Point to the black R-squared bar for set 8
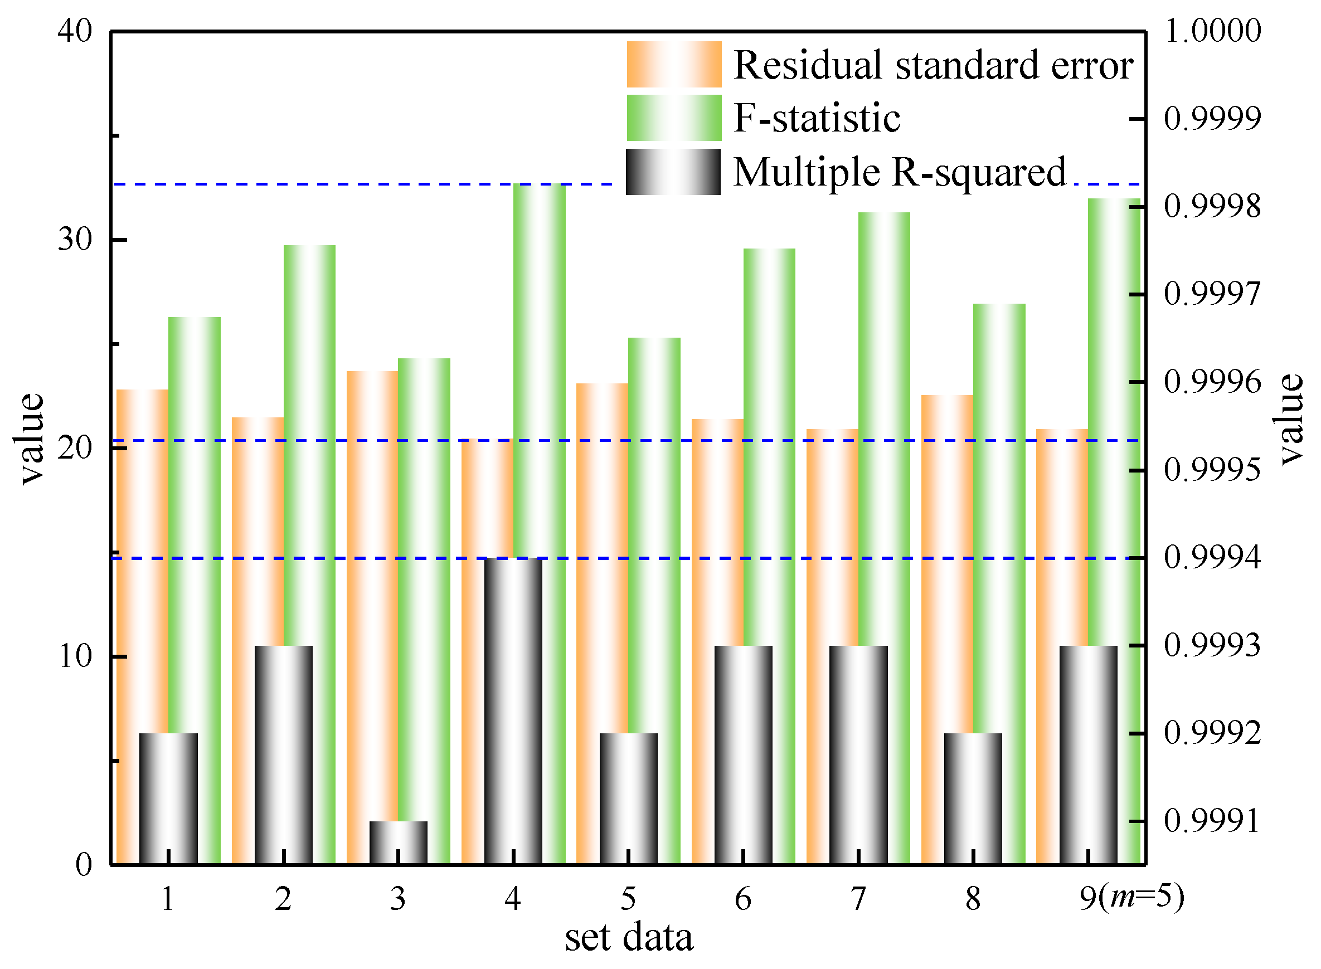973,798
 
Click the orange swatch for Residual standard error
674,65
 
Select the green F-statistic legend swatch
674,118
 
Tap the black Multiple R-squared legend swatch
673,172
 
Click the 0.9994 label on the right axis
1212,557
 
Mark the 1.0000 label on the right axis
1212,31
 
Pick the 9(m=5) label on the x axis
1131,898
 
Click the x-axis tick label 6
742,899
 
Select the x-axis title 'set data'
629,937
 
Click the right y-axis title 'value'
1290,420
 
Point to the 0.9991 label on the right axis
1212,821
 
